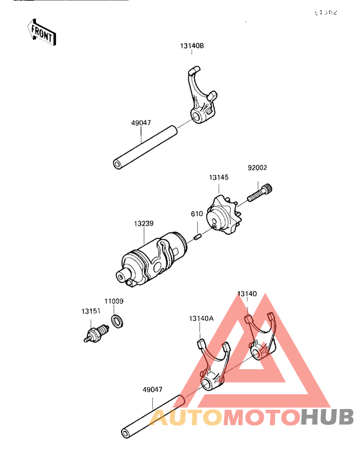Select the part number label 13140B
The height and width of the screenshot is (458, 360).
point(192,47)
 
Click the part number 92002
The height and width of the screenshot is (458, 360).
point(258,168)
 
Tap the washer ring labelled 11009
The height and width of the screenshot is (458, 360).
point(118,320)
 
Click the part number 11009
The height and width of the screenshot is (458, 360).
point(114,300)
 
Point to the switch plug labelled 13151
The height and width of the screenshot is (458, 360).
point(94,334)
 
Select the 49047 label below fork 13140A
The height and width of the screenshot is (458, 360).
point(152,389)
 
